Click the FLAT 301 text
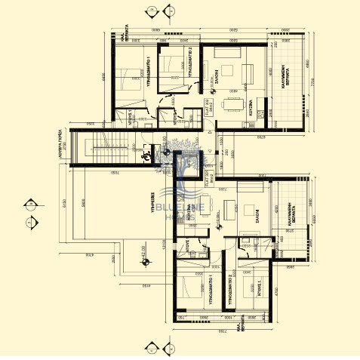pos(207,180)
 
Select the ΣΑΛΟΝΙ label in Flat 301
pos(257,216)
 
